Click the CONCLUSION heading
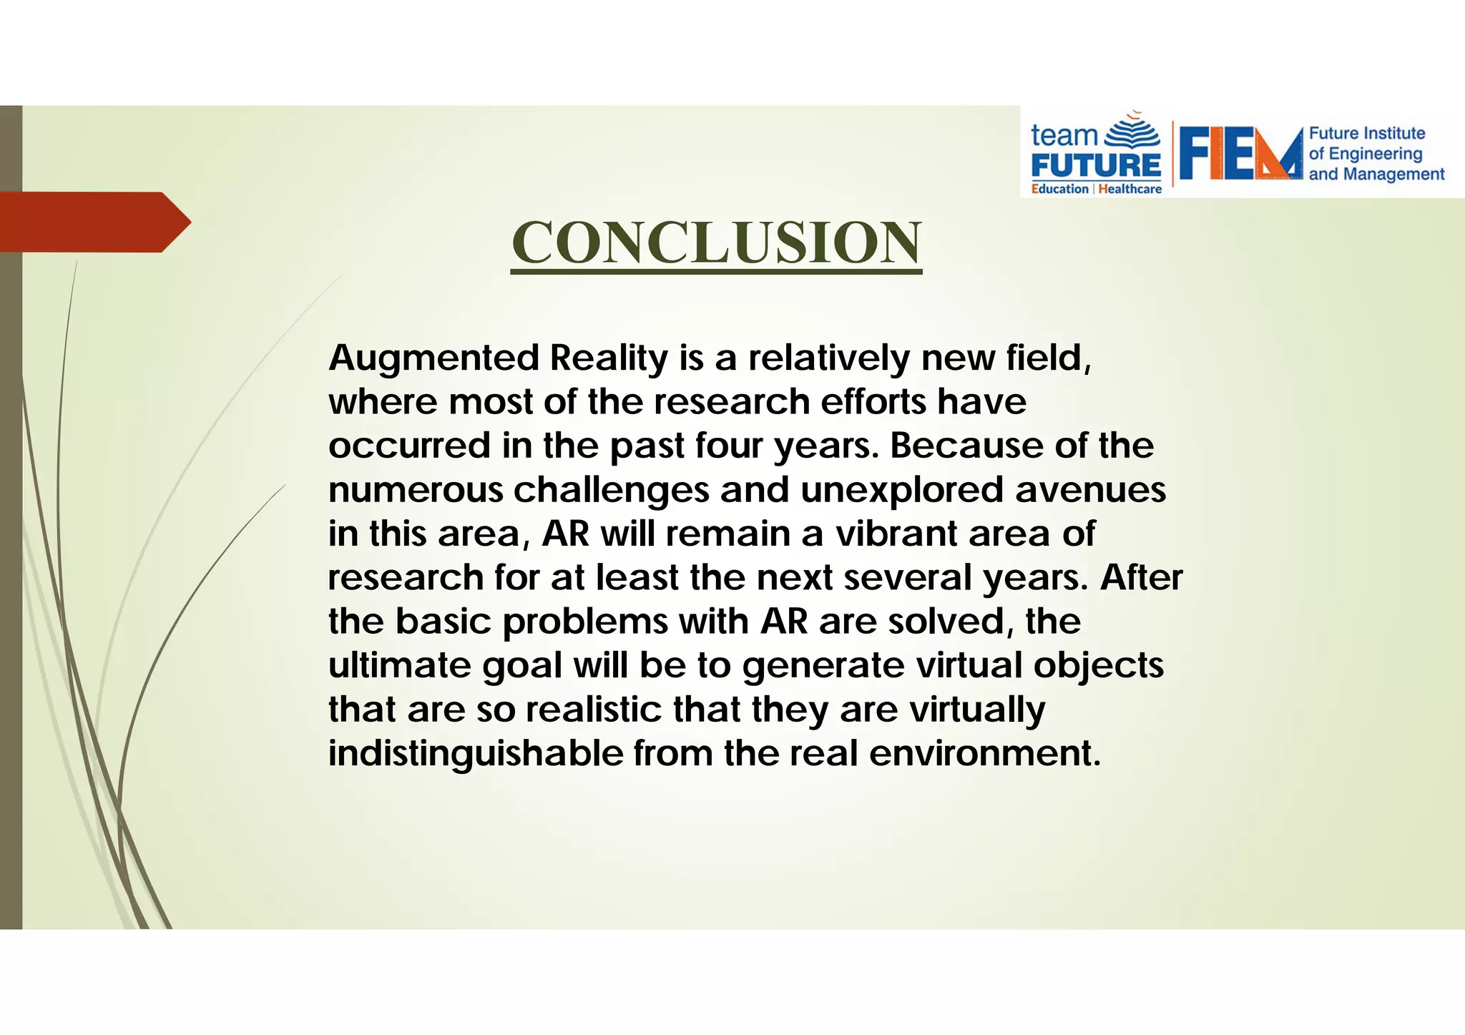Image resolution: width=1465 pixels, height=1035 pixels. (716, 242)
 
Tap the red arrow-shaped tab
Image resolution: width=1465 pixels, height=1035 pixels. (93, 222)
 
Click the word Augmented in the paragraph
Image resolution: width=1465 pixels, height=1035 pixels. (433, 358)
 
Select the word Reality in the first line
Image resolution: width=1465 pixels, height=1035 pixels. (609, 358)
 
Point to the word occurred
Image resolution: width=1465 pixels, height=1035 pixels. (409, 446)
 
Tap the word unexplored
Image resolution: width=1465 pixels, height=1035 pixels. (901, 490)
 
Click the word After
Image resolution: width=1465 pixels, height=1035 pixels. (1141, 577)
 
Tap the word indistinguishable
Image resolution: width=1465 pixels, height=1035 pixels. (476, 754)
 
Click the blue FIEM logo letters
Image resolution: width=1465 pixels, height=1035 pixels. (1240, 154)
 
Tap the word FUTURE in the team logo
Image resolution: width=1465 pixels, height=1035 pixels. (1096, 166)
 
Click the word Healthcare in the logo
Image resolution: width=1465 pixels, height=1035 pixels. (1130, 189)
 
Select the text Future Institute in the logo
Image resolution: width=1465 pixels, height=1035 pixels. (1366, 134)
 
